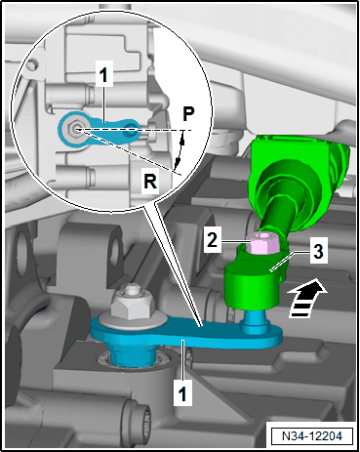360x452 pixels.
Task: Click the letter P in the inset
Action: [188, 113]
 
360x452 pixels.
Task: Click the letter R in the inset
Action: [150, 181]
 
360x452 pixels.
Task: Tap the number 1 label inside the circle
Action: [103, 74]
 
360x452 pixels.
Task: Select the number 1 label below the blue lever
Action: [182, 393]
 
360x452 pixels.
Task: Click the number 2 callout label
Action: [212, 240]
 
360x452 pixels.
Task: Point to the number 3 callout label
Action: [318, 252]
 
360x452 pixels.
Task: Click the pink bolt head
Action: [263, 242]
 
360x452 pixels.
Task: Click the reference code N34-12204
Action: [312, 435]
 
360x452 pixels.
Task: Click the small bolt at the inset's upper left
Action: [31, 65]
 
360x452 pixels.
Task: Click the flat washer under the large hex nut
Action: [132, 321]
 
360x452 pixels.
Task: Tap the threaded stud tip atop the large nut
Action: [132, 289]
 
